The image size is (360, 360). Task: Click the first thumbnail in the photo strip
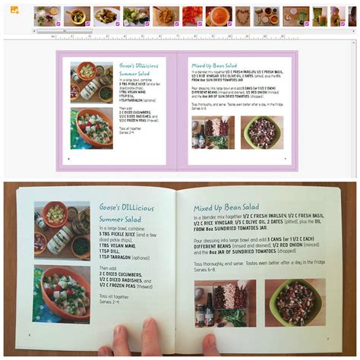[47, 16]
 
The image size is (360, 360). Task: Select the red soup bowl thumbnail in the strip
[218, 16]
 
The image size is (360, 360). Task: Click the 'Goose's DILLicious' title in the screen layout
[138, 66]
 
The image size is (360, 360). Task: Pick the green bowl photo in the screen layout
[261, 131]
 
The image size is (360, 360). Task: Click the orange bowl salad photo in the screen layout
[92, 128]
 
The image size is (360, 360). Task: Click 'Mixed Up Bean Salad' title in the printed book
[230, 207]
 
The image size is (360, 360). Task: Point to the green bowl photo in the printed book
[295, 303]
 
